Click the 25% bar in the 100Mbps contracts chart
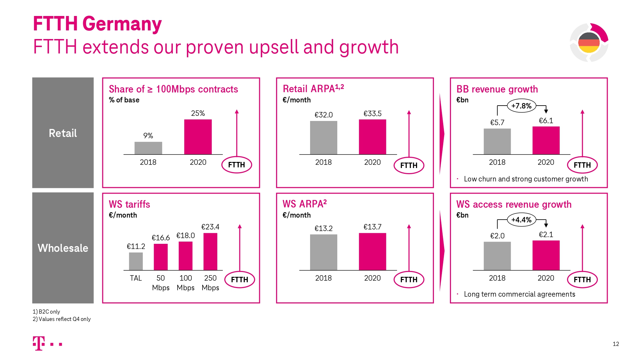(198, 137)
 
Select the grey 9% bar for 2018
(148, 148)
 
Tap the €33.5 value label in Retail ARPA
(372, 114)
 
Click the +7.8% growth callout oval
(521, 106)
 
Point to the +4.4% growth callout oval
(521, 220)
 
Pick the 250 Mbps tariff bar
(210, 252)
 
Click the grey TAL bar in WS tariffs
(136, 261)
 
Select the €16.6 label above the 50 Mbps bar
(161, 238)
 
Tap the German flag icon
(589, 43)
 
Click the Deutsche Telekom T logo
(39, 343)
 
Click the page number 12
(616, 344)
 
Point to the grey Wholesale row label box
(63, 248)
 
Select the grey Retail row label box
(63, 133)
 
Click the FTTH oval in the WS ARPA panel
(409, 280)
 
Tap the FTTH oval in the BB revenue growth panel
(582, 165)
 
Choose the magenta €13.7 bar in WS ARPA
(372, 252)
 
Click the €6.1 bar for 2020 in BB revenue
(546, 140)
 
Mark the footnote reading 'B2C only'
(46, 312)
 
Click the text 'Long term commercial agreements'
(519, 294)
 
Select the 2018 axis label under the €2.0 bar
(497, 278)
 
